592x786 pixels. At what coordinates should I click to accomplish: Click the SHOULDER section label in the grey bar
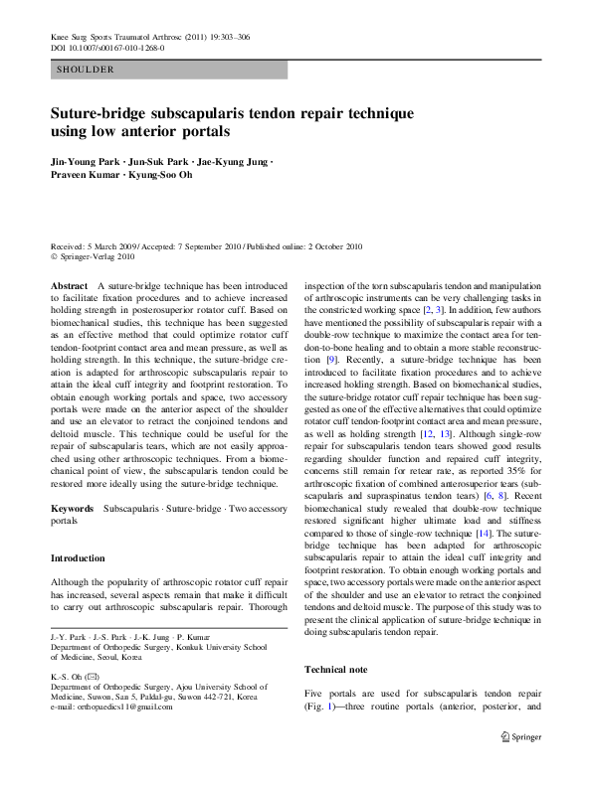(86, 70)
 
